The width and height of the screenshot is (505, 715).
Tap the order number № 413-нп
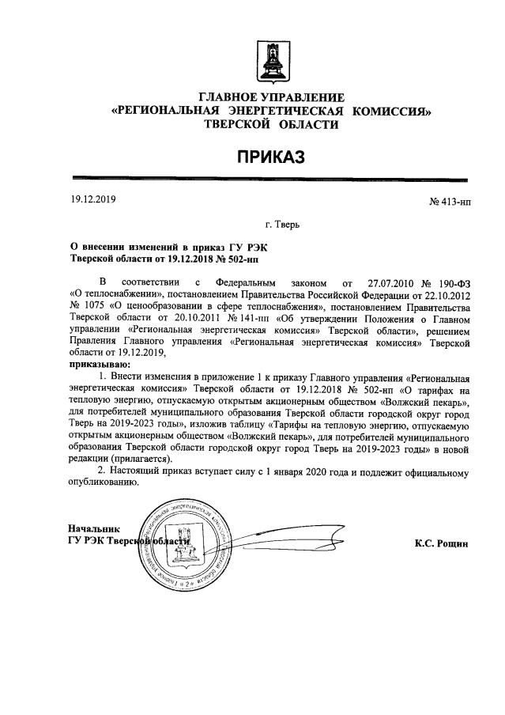pyautogui.click(x=449, y=203)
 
